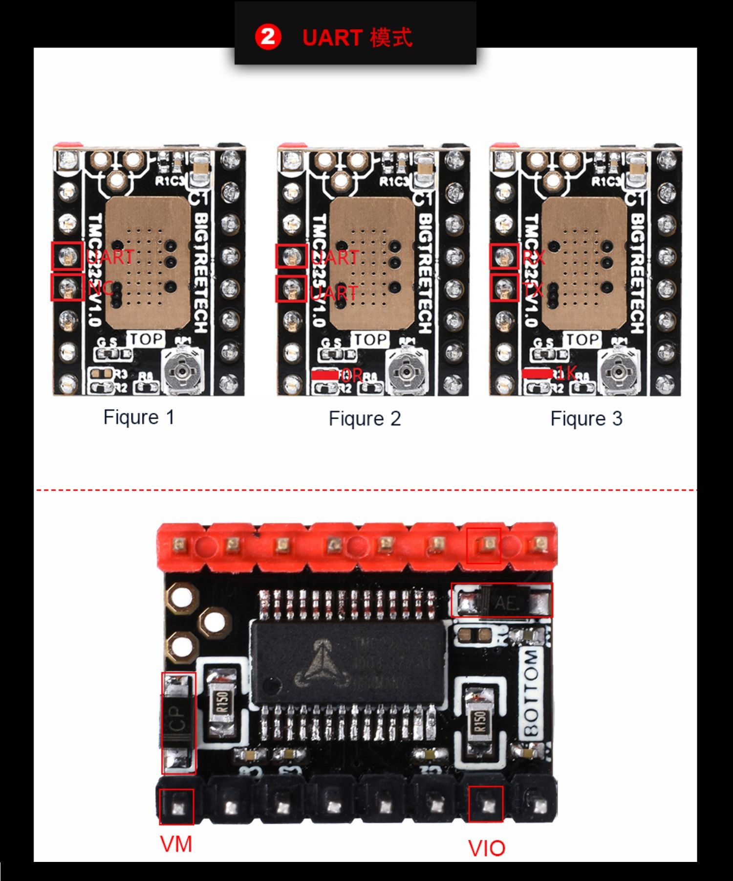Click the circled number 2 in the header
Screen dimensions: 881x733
[268, 37]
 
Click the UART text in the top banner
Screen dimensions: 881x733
[332, 38]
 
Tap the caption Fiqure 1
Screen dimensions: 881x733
[139, 417]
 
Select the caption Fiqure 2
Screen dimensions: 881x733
[365, 419]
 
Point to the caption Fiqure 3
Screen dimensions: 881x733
[586, 419]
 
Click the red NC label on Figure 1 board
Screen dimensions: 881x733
[100, 288]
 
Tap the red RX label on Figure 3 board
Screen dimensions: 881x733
[533, 257]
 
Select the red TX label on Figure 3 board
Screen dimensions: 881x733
[533, 290]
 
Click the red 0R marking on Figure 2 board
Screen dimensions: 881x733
[351, 375]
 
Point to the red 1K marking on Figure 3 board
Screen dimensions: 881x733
[566, 373]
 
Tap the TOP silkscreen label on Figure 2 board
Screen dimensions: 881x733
[371, 339]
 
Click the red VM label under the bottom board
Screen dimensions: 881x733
[176, 844]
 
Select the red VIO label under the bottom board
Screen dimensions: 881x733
[486, 848]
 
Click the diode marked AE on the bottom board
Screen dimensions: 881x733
[502, 601]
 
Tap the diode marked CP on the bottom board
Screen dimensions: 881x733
[178, 723]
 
